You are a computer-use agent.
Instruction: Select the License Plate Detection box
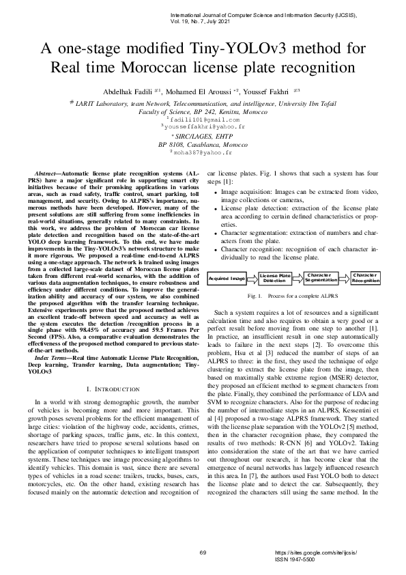(x=275, y=279)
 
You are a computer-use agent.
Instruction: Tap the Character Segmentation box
(x=321, y=278)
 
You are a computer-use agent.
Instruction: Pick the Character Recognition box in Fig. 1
(x=366, y=278)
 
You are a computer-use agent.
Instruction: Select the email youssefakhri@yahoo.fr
(x=203, y=127)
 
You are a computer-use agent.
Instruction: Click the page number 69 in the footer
(x=203, y=552)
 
